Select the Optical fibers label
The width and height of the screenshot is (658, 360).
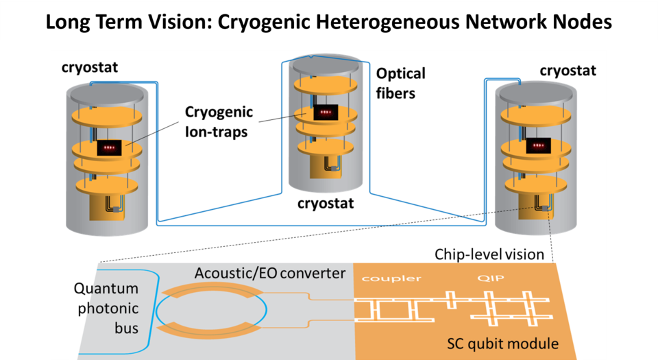pos(400,82)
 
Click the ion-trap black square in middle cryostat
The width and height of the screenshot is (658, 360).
pos(326,111)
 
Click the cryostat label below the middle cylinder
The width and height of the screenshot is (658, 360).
pos(326,204)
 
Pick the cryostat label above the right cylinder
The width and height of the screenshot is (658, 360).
pos(568,71)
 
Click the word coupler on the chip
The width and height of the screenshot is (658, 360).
pos(391,278)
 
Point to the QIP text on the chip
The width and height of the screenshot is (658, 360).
pos(485,278)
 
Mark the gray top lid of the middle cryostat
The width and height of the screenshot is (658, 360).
pos(326,65)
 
